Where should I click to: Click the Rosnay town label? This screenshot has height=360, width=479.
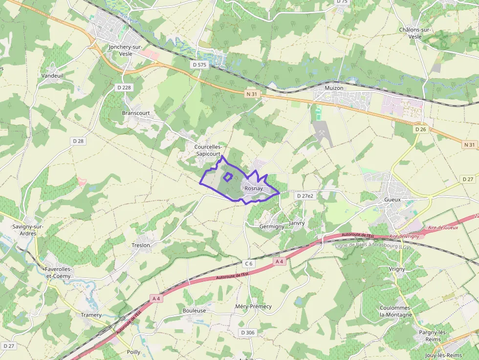254,189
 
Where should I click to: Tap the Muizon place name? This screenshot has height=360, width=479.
334,88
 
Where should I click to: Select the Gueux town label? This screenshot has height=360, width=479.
392,199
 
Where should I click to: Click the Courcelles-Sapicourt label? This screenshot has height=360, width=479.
208,150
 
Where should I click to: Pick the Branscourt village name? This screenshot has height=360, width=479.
136,113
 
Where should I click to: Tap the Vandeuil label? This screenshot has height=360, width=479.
52,76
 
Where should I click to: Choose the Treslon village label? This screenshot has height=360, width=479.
141,245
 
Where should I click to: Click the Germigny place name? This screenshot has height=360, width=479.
272,227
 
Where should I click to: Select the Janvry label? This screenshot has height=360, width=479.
297,223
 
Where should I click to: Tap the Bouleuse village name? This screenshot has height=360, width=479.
194,310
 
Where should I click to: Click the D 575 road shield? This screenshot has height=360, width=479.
200,64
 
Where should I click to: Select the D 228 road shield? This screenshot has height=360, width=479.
124,87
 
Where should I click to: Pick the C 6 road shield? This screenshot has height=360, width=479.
249,264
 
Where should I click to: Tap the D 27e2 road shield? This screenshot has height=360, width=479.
305,196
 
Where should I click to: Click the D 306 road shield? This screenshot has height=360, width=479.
248,333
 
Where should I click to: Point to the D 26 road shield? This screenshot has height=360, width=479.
420,129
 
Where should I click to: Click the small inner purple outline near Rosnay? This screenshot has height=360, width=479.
228,177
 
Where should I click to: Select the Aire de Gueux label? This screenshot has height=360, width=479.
443,228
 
